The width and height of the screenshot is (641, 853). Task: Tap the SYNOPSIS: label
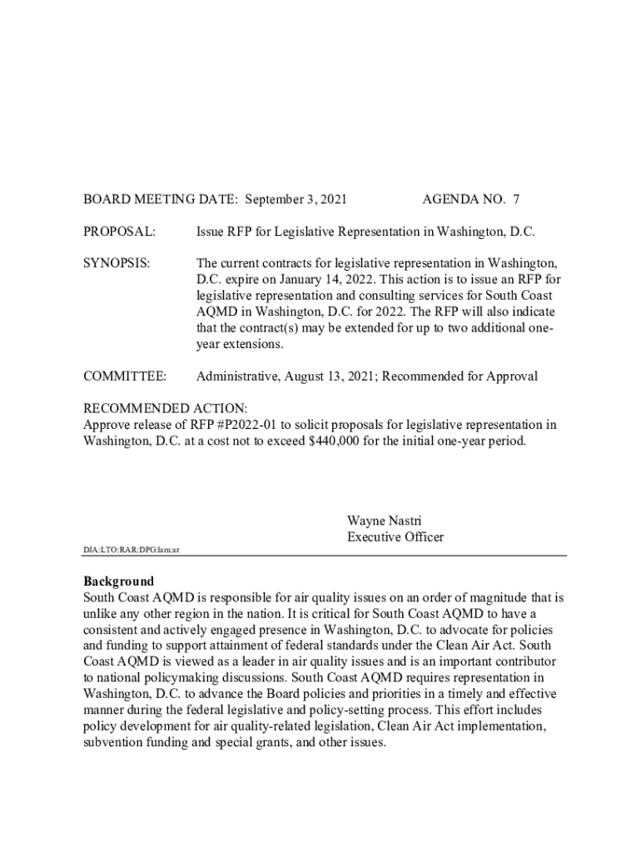(117, 263)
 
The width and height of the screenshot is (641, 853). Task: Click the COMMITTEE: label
(125, 377)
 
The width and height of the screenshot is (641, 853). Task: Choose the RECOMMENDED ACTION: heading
(165, 408)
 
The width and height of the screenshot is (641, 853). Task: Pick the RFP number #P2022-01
(248, 425)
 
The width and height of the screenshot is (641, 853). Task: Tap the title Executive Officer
(395, 537)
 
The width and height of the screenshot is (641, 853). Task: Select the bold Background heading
(118, 581)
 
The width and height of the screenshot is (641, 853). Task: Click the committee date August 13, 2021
(330, 377)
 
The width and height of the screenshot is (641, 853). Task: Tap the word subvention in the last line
(117, 743)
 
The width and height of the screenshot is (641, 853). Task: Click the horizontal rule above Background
(325, 556)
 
